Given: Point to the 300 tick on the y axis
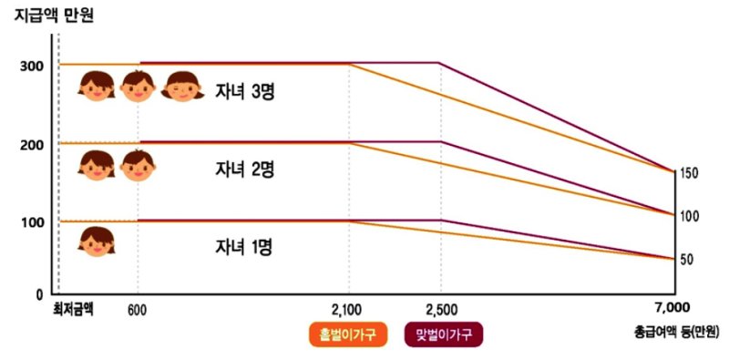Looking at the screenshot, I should pyautogui.click(x=31, y=66).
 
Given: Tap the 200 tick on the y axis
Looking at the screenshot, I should pyautogui.click(x=31, y=144).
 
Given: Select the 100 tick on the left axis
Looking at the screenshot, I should pyautogui.click(x=31, y=222).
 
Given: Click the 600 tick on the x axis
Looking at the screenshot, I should pyautogui.click(x=138, y=311).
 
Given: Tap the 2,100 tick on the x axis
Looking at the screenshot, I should pyautogui.click(x=349, y=311).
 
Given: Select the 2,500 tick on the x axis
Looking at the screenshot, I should pyautogui.click(x=440, y=311).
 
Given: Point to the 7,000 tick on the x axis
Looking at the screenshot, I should pyautogui.click(x=673, y=307).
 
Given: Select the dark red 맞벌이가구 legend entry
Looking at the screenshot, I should pyautogui.click(x=444, y=335).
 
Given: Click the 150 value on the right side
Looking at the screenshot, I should pyautogui.click(x=689, y=173).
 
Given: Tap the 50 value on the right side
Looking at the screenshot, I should pyautogui.click(x=688, y=260).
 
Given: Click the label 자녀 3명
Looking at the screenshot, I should pyautogui.click(x=245, y=92).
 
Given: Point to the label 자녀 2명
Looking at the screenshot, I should pyautogui.click(x=245, y=170).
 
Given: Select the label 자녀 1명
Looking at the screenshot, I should pyautogui.click(x=245, y=246).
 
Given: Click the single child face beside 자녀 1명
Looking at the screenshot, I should pyautogui.click(x=96, y=241).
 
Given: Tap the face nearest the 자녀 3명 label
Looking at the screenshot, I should pyautogui.click(x=183, y=86).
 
